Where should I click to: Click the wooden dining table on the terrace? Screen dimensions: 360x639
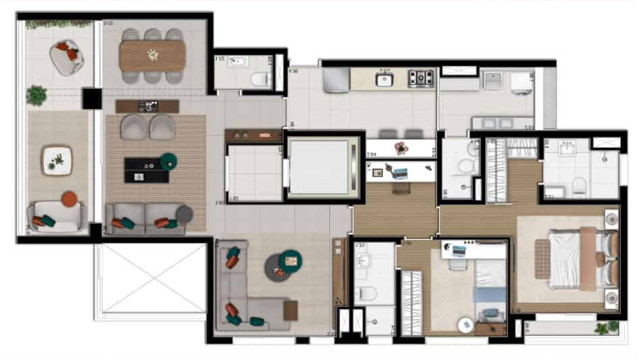click(x=153, y=55)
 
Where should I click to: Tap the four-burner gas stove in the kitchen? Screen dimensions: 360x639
click(x=422, y=79)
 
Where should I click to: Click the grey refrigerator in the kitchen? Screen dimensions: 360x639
click(x=335, y=81)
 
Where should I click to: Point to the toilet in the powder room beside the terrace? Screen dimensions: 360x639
click(x=259, y=79)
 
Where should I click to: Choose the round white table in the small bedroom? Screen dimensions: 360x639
click(x=465, y=324)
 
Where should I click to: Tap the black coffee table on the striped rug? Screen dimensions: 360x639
click(x=147, y=170)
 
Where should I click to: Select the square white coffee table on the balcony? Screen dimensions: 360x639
click(x=57, y=160)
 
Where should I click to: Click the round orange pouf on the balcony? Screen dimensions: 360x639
click(x=70, y=199)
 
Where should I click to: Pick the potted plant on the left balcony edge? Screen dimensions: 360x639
click(x=36, y=95)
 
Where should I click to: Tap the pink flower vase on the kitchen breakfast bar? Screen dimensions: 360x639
click(x=403, y=147)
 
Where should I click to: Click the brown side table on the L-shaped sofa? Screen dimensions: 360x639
click(x=290, y=310)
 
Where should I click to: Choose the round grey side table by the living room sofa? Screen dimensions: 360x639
click(x=184, y=215)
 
